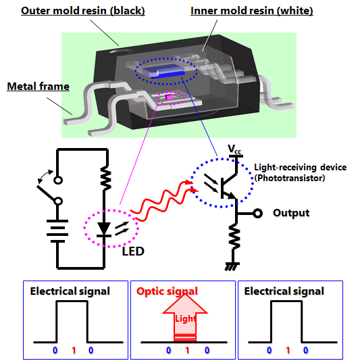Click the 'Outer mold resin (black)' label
(x=83, y=11)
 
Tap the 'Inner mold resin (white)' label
(x=252, y=11)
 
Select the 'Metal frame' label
(x=38, y=87)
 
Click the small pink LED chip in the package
(x=170, y=97)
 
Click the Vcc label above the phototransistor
(x=234, y=149)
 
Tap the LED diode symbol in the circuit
(x=104, y=229)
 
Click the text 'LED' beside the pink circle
(x=133, y=251)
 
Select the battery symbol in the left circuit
(x=57, y=231)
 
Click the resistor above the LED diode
(x=106, y=178)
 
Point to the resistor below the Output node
(x=234, y=237)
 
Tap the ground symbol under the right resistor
(x=232, y=266)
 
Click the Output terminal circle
(x=257, y=213)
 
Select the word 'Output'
(x=291, y=213)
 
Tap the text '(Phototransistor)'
(x=290, y=178)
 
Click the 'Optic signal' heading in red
(x=167, y=291)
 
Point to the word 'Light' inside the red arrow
(x=185, y=319)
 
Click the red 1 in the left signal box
(x=74, y=351)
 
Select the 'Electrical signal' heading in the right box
(x=284, y=291)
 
